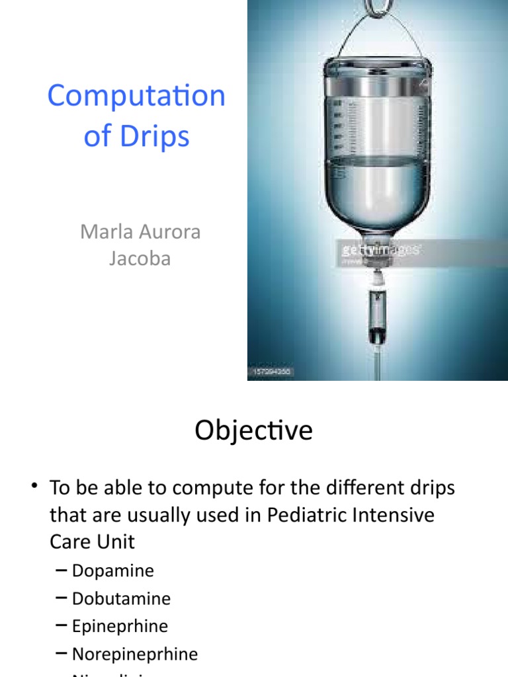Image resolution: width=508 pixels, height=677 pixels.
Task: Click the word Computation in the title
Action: (136, 97)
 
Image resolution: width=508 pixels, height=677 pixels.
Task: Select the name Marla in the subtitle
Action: (107, 232)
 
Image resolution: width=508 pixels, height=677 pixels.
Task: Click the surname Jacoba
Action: (140, 258)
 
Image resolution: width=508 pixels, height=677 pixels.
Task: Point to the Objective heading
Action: (253, 431)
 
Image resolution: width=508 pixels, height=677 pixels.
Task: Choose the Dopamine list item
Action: (112, 571)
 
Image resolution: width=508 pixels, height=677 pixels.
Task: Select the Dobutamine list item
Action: (121, 598)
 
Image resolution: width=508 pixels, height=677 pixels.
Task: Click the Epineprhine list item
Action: (120, 626)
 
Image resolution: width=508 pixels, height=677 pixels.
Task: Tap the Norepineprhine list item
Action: (134, 654)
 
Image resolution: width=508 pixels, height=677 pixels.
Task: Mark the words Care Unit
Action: (92, 541)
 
